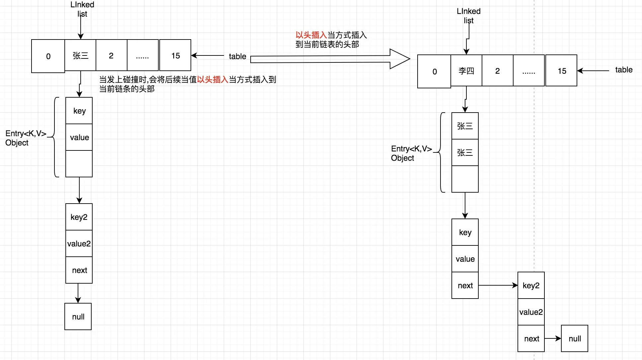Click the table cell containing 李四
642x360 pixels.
coord(466,71)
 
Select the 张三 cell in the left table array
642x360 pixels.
coord(80,55)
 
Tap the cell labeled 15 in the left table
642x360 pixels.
coord(175,55)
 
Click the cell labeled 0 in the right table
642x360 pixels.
coord(434,71)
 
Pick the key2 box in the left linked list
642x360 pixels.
coord(79,217)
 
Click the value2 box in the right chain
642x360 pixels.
coord(531,312)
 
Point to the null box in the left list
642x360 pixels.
coord(78,316)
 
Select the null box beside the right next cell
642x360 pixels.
coord(574,338)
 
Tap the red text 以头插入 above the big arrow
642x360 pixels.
coord(311,35)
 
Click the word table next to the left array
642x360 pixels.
coord(237,56)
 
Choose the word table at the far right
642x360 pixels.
coord(623,70)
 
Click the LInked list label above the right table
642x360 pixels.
coord(468,16)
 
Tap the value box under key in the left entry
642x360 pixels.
coord(79,137)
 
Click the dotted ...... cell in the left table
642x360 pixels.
coord(142,55)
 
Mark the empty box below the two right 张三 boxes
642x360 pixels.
coord(465,179)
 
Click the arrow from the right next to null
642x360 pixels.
coord(552,338)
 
